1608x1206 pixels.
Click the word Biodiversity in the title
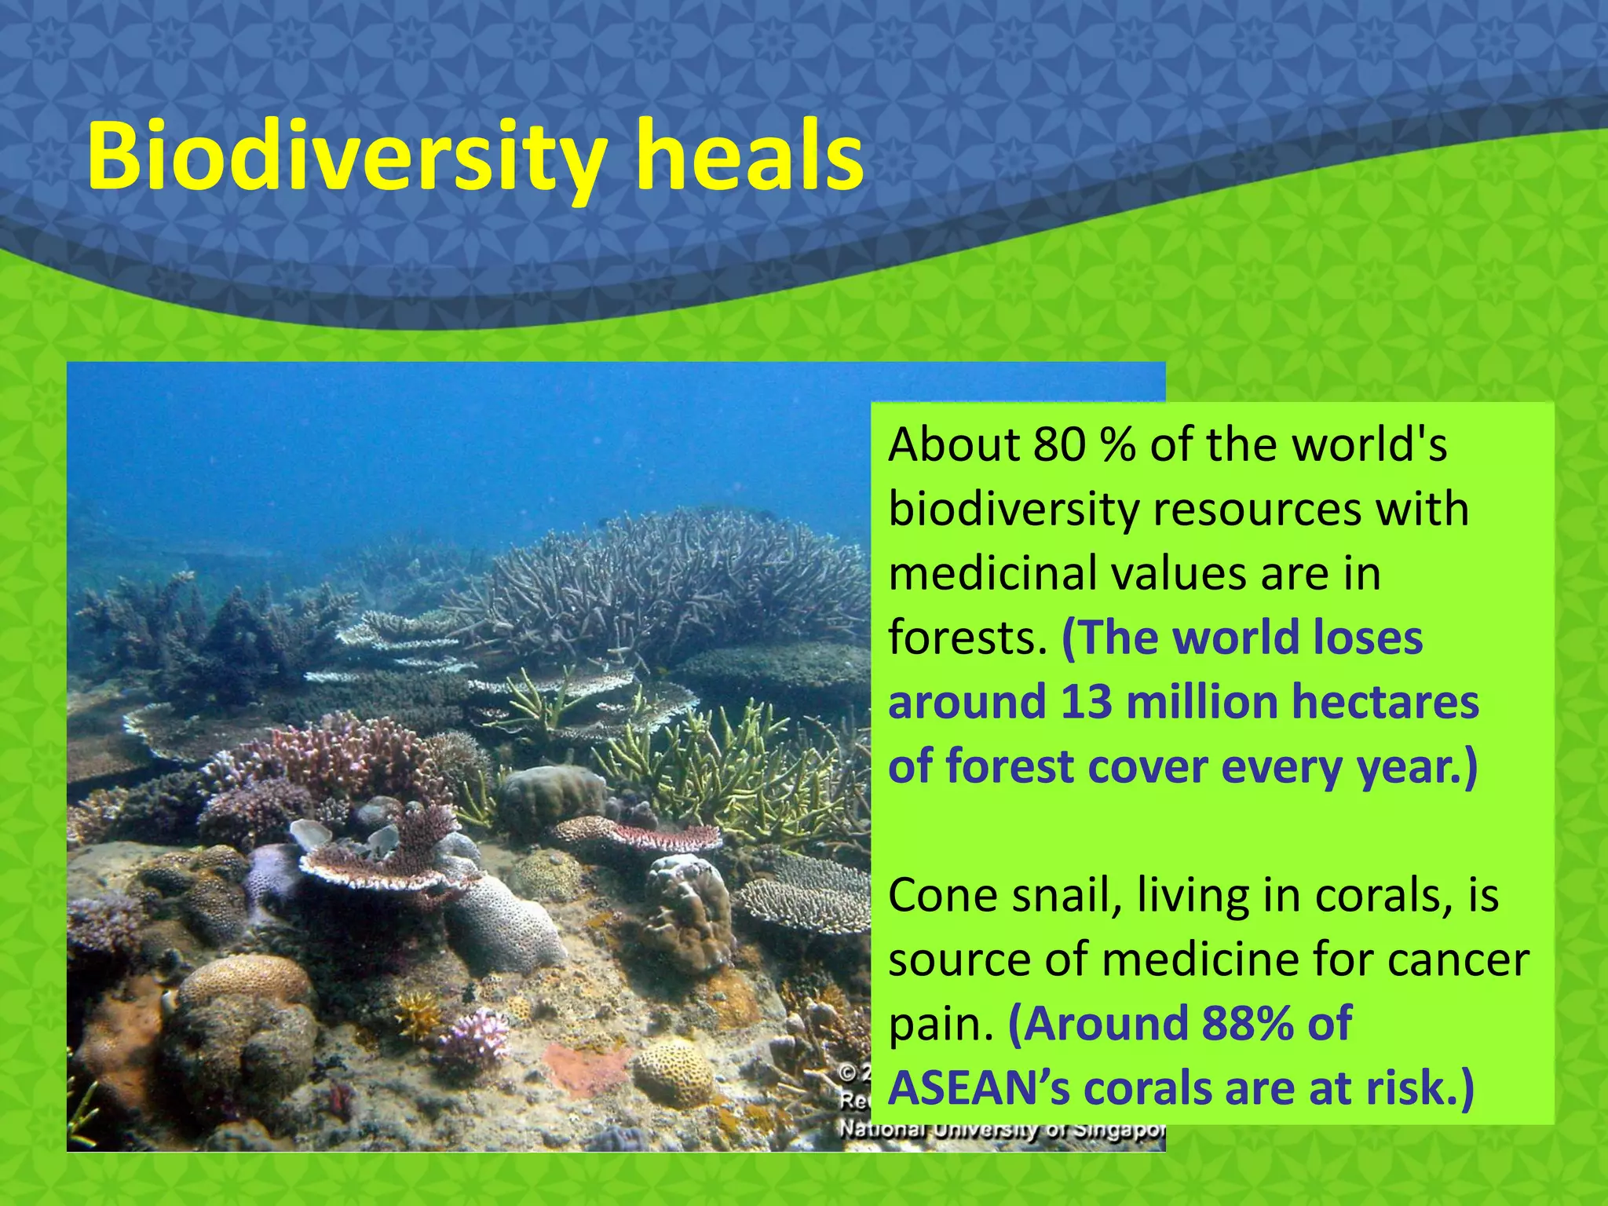click(345, 157)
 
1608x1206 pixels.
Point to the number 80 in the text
click(1059, 445)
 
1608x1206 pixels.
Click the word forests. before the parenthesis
click(967, 638)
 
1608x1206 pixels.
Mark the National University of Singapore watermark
click(1002, 1131)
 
